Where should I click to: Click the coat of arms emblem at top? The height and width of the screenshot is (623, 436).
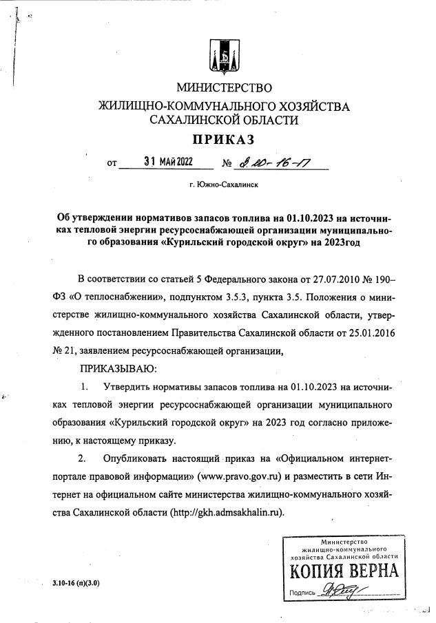[225, 55]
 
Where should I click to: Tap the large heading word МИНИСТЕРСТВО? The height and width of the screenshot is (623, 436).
[225, 88]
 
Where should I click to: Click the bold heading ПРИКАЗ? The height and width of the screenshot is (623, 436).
[223, 140]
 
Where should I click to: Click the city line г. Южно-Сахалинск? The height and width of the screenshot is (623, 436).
[223, 185]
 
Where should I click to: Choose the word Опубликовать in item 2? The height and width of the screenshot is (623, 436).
[139, 458]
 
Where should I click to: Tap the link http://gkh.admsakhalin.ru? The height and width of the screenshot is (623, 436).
[225, 512]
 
